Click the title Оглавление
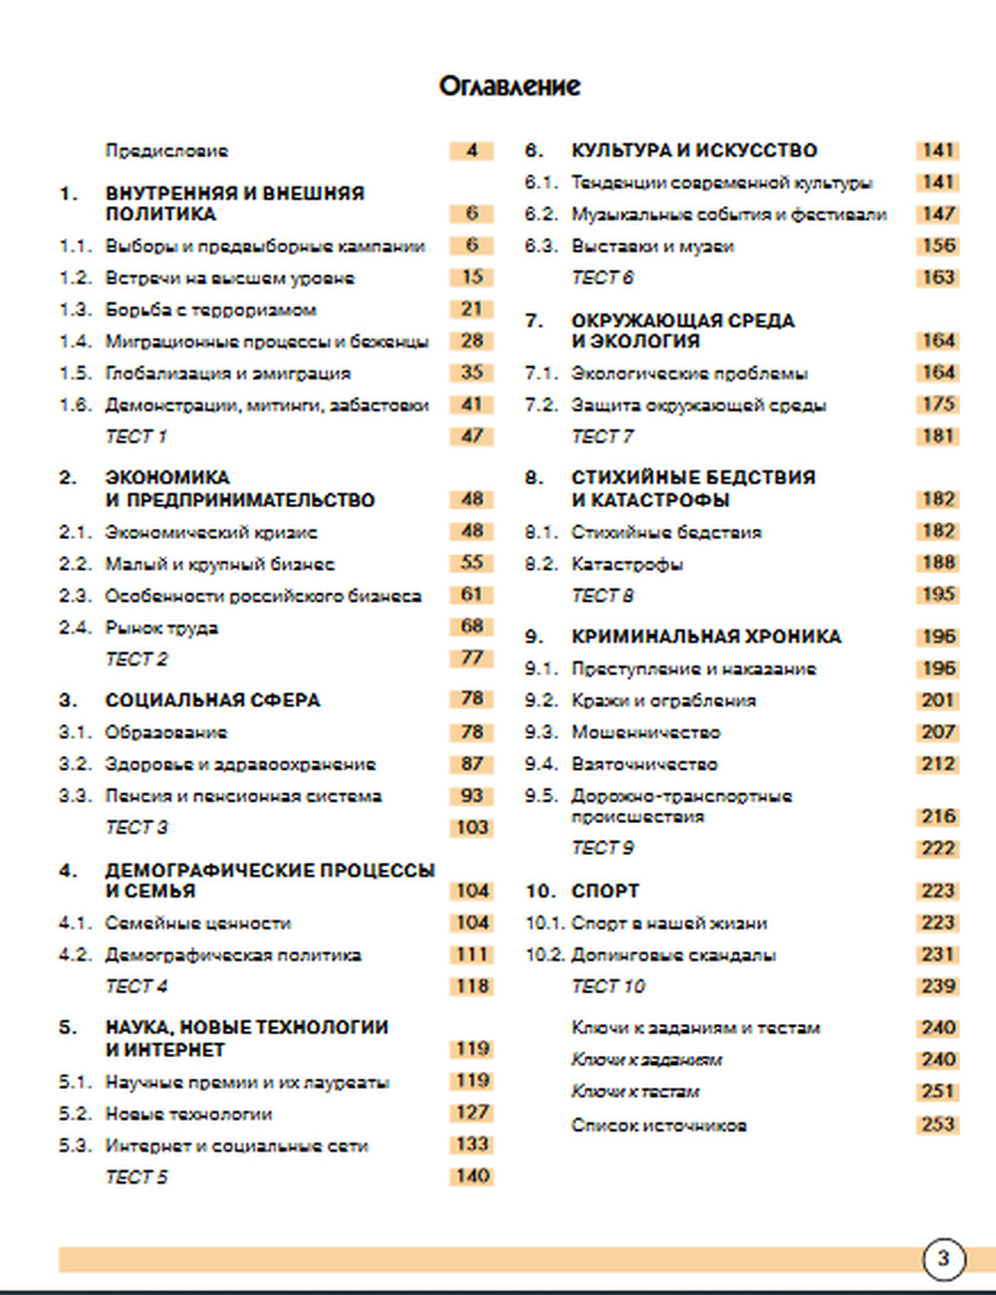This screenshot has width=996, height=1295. click(x=509, y=87)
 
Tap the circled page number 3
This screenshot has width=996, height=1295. click(x=942, y=1258)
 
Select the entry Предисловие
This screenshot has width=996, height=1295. click(x=166, y=151)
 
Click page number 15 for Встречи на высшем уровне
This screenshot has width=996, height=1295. click(x=472, y=277)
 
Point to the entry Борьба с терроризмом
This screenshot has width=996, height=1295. click(x=210, y=310)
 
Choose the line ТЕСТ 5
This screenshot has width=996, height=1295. click(x=136, y=1177)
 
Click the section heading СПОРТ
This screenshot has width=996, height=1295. click(x=605, y=891)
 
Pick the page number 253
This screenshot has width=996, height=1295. click(x=937, y=1125)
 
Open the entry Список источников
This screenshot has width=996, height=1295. click(x=658, y=1126)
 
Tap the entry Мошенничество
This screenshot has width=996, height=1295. click(x=645, y=732)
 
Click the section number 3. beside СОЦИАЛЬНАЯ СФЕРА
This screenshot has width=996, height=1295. click(x=67, y=700)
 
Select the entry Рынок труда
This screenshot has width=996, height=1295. click(x=161, y=628)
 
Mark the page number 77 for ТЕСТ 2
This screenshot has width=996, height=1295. click(x=472, y=658)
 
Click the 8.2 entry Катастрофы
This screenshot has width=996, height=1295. click(x=626, y=564)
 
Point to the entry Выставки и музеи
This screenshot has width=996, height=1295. click(x=652, y=246)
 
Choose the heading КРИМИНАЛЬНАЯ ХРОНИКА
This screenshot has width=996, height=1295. click(x=706, y=637)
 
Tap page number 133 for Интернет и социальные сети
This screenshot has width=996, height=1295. click(x=472, y=1145)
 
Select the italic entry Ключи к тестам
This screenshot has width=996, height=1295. click(x=634, y=1092)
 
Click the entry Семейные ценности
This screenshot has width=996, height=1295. click(x=198, y=923)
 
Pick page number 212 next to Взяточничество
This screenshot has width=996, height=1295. click(x=937, y=764)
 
